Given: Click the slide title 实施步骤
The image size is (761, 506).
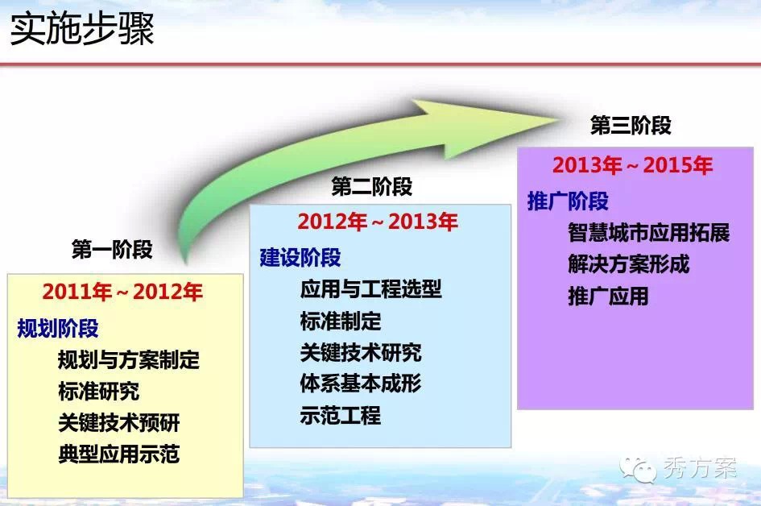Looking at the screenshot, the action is coord(82,29).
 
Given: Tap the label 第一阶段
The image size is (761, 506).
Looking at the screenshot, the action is coord(112,250).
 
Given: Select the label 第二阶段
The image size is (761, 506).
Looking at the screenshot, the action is coord(372,186).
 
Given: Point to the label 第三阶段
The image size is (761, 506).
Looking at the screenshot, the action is coord(631,125).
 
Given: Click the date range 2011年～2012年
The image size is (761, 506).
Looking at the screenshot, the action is coord(122,292).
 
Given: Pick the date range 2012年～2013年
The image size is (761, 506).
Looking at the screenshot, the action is coord(378,222).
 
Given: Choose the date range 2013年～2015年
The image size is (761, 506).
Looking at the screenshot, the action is coord(632,166).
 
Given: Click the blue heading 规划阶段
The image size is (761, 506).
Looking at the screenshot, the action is coord(58,328).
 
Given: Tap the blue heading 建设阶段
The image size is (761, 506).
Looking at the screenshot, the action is coord(300,257).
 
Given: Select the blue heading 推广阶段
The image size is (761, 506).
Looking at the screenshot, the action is coord(568,201).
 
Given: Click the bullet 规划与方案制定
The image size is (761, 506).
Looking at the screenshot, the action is coord(129,360).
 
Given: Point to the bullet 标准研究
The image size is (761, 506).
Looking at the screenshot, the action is coord(98,392).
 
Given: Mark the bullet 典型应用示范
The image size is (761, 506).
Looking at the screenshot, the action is coord(119,454).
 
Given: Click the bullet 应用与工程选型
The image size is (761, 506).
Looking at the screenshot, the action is coord(370,289).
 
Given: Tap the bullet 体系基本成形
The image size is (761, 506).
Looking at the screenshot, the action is coord(361,384).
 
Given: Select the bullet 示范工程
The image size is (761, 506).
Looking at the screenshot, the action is coord(340,416).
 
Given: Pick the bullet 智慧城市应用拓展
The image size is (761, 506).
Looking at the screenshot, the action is coord(649,233).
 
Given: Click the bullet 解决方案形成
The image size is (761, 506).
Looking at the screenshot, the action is coord(628,264).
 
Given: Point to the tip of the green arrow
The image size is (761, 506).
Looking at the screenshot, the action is coord(561,119).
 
